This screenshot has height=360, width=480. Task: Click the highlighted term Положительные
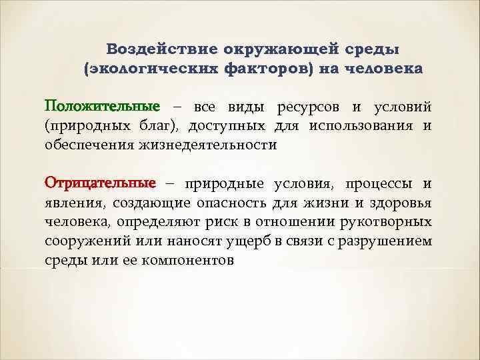(x=102, y=107)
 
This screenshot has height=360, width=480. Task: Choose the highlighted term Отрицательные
(x=100, y=183)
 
